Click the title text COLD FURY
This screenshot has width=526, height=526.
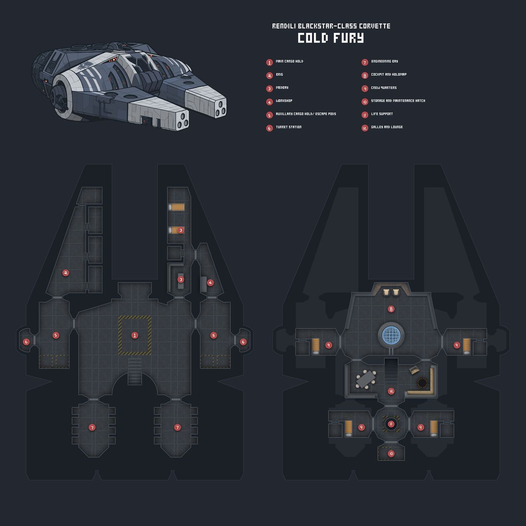pyautogui.click(x=331, y=38)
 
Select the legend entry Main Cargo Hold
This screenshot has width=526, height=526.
pyautogui.click(x=289, y=62)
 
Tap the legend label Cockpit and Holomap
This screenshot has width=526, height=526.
pyautogui.click(x=388, y=75)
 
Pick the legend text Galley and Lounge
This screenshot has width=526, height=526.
pyautogui.click(x=387, y=127)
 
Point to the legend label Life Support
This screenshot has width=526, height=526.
pyautogui.click(x=382, y=114)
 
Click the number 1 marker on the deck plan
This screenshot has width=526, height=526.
pyautogui.click(x=134, y=335)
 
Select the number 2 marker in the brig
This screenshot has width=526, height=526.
pyautogui.click(x=65, y=272)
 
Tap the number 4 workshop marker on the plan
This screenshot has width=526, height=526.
pyautogui.click(x=210, y=282)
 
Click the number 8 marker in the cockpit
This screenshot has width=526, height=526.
pyautogui.click(x=391, y=309)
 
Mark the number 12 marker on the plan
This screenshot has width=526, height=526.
pyautogui.click(x=391, y=391)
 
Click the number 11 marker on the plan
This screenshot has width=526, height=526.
pyautogui.click(x=391, y=424)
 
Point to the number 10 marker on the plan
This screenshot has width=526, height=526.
pyautogui.click(x=391, y=454)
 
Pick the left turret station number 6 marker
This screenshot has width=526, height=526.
pyautogui.click(x=26, y=341)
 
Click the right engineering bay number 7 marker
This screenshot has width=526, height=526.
pyautogui.click(x=177, y=427)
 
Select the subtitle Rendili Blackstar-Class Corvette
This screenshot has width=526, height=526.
pyautogui.click(x=331, y=26)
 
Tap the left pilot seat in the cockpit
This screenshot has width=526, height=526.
pyautogui.click(x=386, y=292)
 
